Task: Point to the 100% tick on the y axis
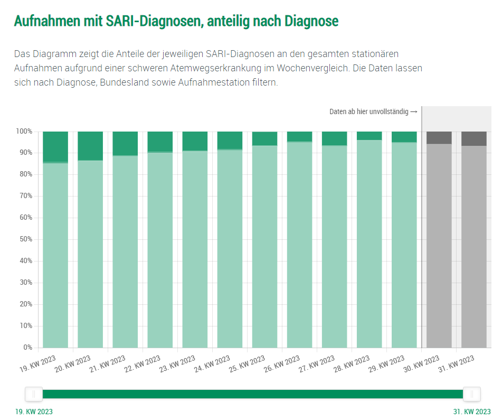(x=24, y=131)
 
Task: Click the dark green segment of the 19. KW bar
(x=55, y=146)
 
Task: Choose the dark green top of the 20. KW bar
(x=90, y=145)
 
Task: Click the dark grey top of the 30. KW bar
(x=439, y=137)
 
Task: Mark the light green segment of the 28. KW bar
(x=370, y=244)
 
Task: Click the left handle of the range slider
(x=34, y=394)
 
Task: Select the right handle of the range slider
(x=471, y=394)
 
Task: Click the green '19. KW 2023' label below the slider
(x=34, y=412)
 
